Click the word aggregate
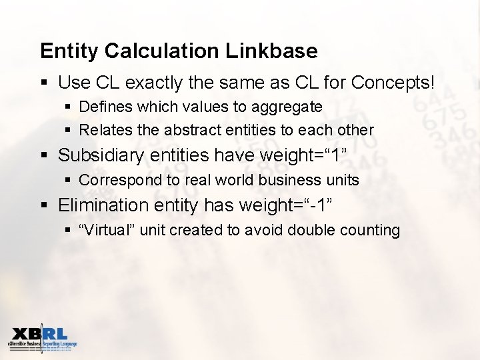pyautogui.click(x=289, y=107)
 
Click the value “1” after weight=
pyautogui.click(x=334, y=155)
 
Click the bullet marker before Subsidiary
pyautogui.click(x=44, y=156)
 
